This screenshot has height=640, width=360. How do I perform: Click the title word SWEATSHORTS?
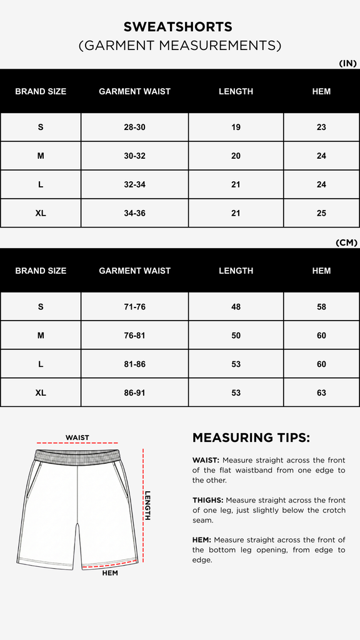click(178, 27)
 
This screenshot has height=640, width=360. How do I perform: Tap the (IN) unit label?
click(347, 63)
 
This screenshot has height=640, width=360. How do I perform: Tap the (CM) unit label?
click(346, 242)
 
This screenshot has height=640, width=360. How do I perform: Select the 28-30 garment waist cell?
click(134, 127)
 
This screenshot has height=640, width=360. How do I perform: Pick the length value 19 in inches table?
click(236, 127)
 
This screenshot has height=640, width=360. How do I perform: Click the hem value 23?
click(321, 127)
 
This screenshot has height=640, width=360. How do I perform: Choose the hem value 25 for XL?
click(321, 213)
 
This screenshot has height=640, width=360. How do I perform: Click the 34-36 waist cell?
click(134, 213)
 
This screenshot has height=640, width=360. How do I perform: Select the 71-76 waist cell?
click(134, 307)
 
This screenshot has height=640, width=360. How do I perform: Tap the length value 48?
click(236, 307)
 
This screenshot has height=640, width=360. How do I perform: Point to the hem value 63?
click(321, 393)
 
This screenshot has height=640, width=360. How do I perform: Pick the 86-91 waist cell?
click(134, 393)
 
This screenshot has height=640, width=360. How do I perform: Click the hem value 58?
click(321, 307)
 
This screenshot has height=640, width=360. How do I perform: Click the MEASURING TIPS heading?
click(251, 437)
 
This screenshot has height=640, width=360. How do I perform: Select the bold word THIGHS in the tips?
click(207, 500)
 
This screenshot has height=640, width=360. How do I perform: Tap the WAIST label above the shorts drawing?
click(77, 437)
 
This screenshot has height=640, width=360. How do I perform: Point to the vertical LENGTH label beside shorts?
click(148, 505)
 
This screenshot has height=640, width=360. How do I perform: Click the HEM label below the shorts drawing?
click(110, 572)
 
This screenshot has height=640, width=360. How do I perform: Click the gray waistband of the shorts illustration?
click(77, 455)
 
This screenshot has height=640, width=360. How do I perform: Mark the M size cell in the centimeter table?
click(41, 336)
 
